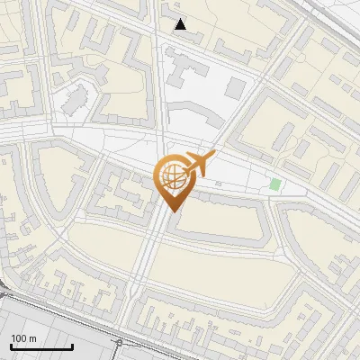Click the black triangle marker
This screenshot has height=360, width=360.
181,24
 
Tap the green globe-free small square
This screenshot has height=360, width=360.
275,184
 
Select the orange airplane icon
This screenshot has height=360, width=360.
199,165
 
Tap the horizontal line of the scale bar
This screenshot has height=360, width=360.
41,347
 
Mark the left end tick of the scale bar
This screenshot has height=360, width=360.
11,346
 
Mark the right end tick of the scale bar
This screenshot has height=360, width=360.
72,346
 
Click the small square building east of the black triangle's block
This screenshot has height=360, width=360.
235,87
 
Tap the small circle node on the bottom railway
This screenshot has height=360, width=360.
119,343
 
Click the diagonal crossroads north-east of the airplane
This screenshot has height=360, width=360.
266,83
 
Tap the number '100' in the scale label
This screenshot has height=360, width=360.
20,338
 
